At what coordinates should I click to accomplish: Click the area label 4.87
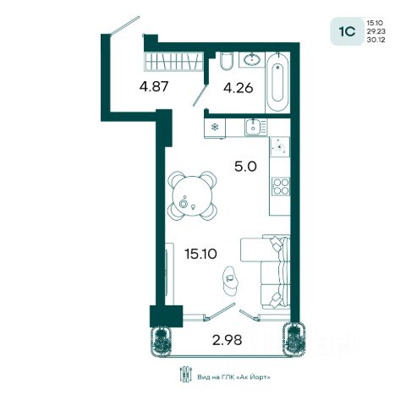click(154, 86)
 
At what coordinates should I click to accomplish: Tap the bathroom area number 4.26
click(239, 88)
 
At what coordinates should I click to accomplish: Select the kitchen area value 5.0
click(245, 167)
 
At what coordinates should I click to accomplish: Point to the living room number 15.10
click(200, 254)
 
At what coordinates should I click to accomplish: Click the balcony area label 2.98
click(228, 340)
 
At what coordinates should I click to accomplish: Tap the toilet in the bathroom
click(227, 61)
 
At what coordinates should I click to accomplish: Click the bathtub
click(277, 82)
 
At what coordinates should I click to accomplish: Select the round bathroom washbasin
click(252, 59)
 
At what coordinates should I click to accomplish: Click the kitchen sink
click(255, 127)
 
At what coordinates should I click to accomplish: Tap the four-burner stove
click(281, 186)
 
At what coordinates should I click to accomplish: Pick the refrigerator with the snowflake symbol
click(215, 128)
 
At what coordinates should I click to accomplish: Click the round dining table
click(193, 196)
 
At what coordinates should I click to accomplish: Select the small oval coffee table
click(230, 281)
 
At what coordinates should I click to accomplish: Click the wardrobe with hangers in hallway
click(174, 61)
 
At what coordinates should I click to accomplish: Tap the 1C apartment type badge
click(348, 31)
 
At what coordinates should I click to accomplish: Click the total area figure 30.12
click(376, 40)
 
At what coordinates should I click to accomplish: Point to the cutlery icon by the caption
click(185, 374)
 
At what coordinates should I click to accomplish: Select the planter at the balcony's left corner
click(161, 342)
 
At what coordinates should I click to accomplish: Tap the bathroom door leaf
click(200, 95)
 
